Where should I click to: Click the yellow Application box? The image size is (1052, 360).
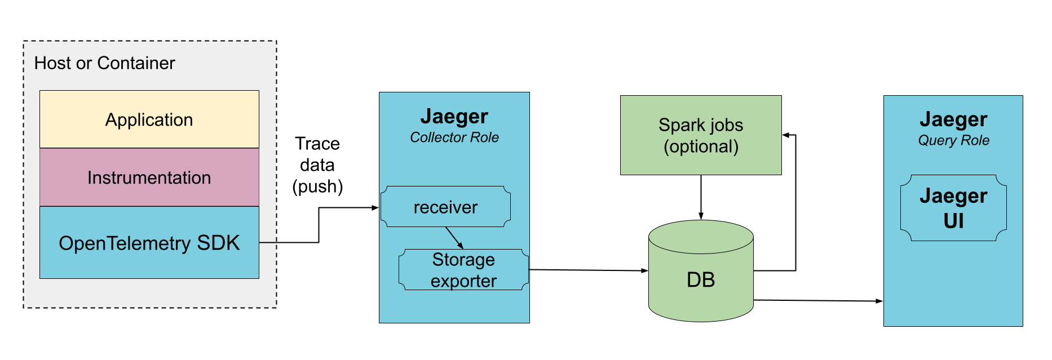[149, 119]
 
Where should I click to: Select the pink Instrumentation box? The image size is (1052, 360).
[149, 177]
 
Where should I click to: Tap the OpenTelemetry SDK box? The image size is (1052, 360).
[149, 243]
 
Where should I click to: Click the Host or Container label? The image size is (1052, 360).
[104, 63]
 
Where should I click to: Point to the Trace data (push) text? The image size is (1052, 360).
[317, 165]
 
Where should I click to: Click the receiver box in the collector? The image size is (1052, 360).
[445, 207]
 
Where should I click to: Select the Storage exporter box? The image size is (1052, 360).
[463, 270]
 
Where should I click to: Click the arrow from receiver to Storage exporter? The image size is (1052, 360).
[454, 237]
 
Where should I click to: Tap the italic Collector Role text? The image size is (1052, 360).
[454, 137]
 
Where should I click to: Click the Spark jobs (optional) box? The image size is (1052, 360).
[700, 135]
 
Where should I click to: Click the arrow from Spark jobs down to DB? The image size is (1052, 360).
[701, 197]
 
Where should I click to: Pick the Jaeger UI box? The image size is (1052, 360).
[953, 208]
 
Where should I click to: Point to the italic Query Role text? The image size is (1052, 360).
[953, 140]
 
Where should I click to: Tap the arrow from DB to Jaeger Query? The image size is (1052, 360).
[817, 301]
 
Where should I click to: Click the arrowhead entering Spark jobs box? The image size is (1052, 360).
[785, 135]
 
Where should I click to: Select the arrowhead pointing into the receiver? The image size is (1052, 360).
[375, 208]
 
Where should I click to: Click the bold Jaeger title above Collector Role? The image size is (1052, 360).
[454, 117]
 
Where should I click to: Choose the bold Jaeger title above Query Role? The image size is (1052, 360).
[953, 119]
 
